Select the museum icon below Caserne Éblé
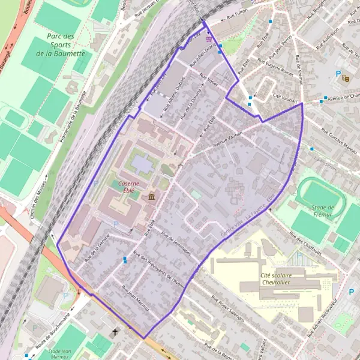[x=150, y=197]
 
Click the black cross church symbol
[x=115, y=332]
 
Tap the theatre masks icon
[x=345, y=77]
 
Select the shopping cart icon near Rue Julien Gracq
[x=208, y=35]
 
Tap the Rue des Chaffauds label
[x=307, y=244]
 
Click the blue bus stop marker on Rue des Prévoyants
[x=125, y=260]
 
